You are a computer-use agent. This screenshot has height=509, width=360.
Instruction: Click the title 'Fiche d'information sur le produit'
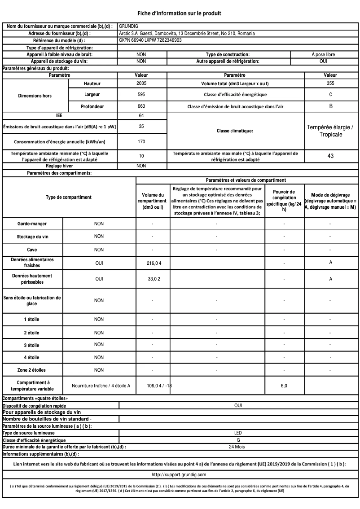tap(180, 13)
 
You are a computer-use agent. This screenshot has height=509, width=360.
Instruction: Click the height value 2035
tap(141, 83)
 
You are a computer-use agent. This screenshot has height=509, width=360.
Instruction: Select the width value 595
tap(141, 95)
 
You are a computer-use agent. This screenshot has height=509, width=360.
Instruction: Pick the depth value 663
tap(141, 106)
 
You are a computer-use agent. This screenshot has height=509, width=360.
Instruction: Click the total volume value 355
tap(330, 83)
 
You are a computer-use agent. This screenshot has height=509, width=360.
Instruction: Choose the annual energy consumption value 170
tap(141, 141)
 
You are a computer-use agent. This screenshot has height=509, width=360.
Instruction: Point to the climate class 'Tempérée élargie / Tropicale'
tap(330, 131)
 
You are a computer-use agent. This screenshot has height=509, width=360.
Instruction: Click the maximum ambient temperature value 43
tap(330, 157)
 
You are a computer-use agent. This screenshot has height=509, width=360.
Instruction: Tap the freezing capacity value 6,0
tap(284, 385)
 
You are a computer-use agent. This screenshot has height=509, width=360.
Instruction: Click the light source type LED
tap(238, 433)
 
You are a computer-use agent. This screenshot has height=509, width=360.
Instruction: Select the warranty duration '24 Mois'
tap(238, 447)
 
